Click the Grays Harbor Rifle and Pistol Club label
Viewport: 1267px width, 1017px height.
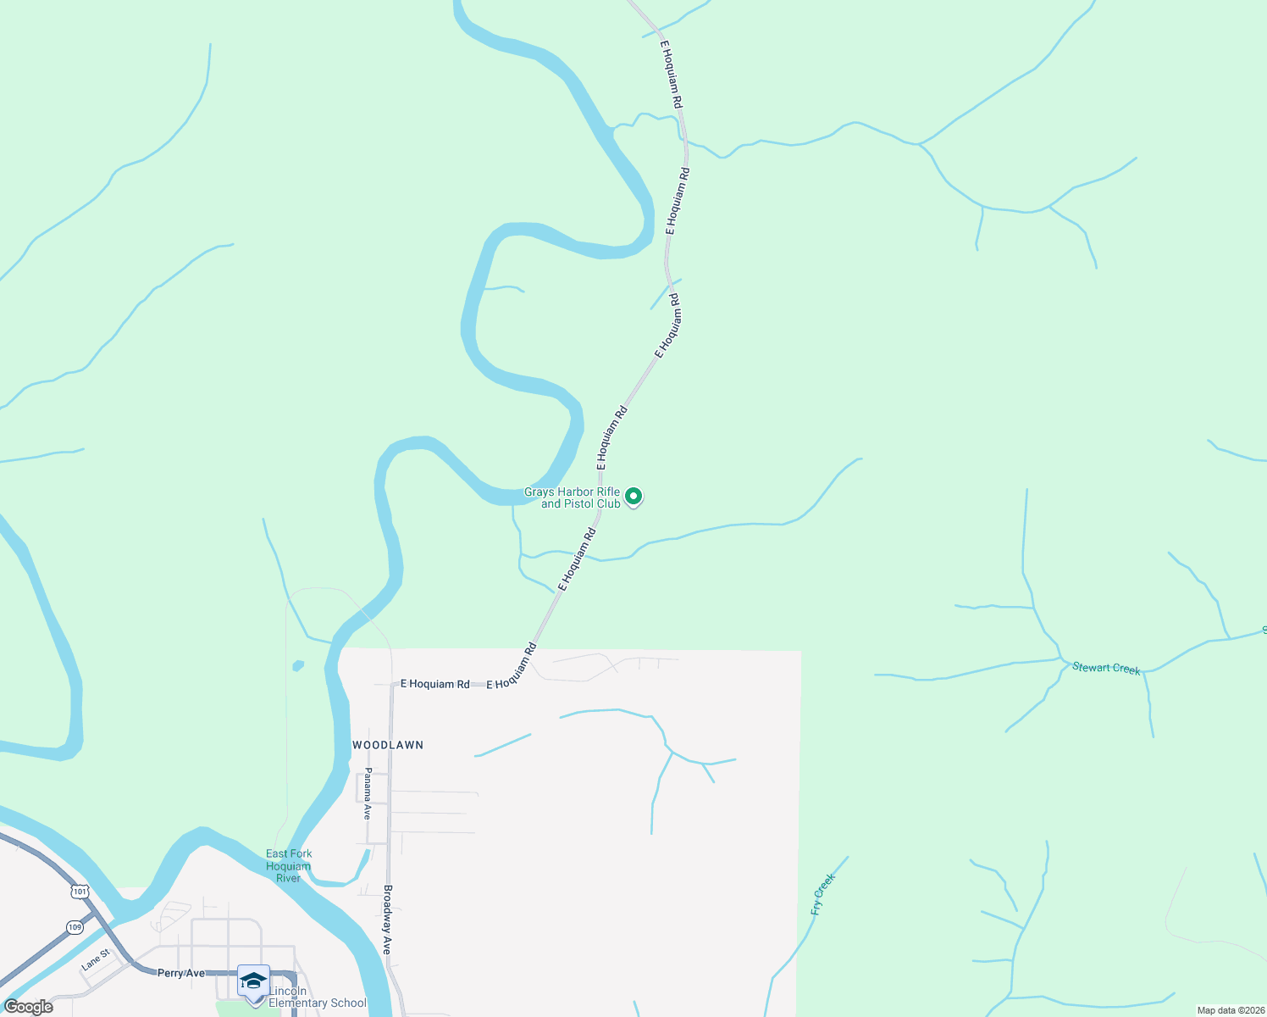click(573, 497)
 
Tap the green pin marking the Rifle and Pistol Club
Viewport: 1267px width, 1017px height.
click(633, 497)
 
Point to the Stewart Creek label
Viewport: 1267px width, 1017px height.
click(1106, 669)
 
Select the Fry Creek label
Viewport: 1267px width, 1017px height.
click(822, 894)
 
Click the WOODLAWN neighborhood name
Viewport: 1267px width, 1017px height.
click(388, 745)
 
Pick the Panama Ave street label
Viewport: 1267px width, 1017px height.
click(368, 793)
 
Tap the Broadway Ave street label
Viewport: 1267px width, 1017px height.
click(387, 920)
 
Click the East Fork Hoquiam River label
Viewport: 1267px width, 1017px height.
click(289, 866)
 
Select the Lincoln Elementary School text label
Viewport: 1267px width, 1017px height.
click(317, 997)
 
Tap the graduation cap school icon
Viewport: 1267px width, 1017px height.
click(253, 981)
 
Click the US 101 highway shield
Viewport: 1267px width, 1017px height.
click(80, 892)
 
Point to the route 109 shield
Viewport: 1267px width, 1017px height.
click(75, 927)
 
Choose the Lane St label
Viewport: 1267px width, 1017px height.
click(96, 960)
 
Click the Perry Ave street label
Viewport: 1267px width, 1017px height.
click(181, 973)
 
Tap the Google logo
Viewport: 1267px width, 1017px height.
click(29, 1007)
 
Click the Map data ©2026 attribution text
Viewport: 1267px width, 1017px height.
click(1229, 1010)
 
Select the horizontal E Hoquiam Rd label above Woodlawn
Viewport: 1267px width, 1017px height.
click(434, 684)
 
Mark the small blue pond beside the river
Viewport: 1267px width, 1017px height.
click(297, 666)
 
